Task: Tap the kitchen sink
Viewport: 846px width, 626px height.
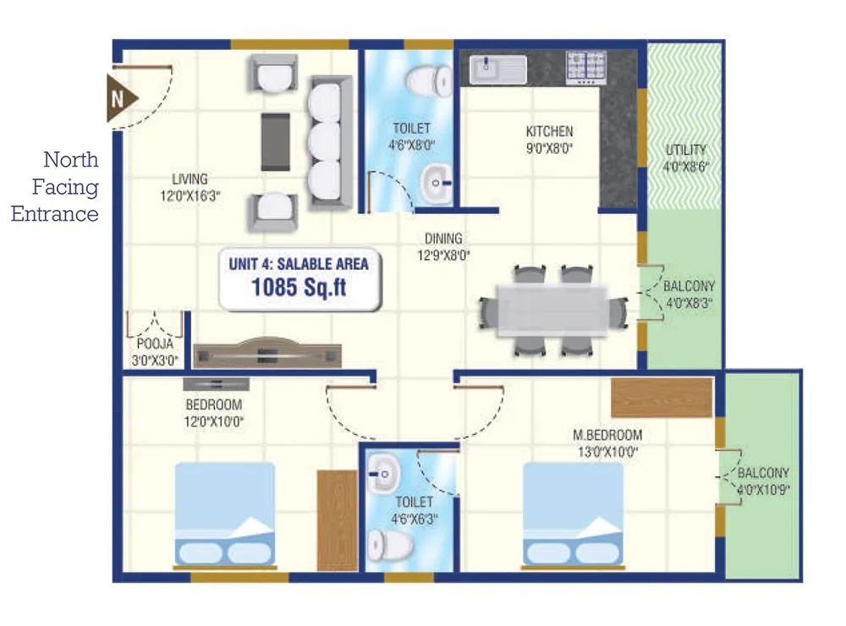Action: [498, 69]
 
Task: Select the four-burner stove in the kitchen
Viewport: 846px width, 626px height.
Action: [586, 69]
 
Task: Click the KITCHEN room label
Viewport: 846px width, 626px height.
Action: [549, 131]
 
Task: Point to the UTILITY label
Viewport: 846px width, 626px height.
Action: [685, 150]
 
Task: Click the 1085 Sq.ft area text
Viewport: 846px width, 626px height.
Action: [299, 287]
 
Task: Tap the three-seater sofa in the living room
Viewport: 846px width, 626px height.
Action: [329, 143]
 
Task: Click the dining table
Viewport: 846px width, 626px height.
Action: [552, 310]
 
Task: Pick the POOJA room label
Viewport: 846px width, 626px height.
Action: [154, 343]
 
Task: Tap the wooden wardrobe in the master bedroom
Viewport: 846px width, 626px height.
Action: [662, 398]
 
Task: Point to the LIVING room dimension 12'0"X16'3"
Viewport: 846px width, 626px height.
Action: [190, 195]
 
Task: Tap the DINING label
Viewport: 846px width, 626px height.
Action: [443, 239]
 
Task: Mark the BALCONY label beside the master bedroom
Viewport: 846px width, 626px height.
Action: [763, 473]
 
